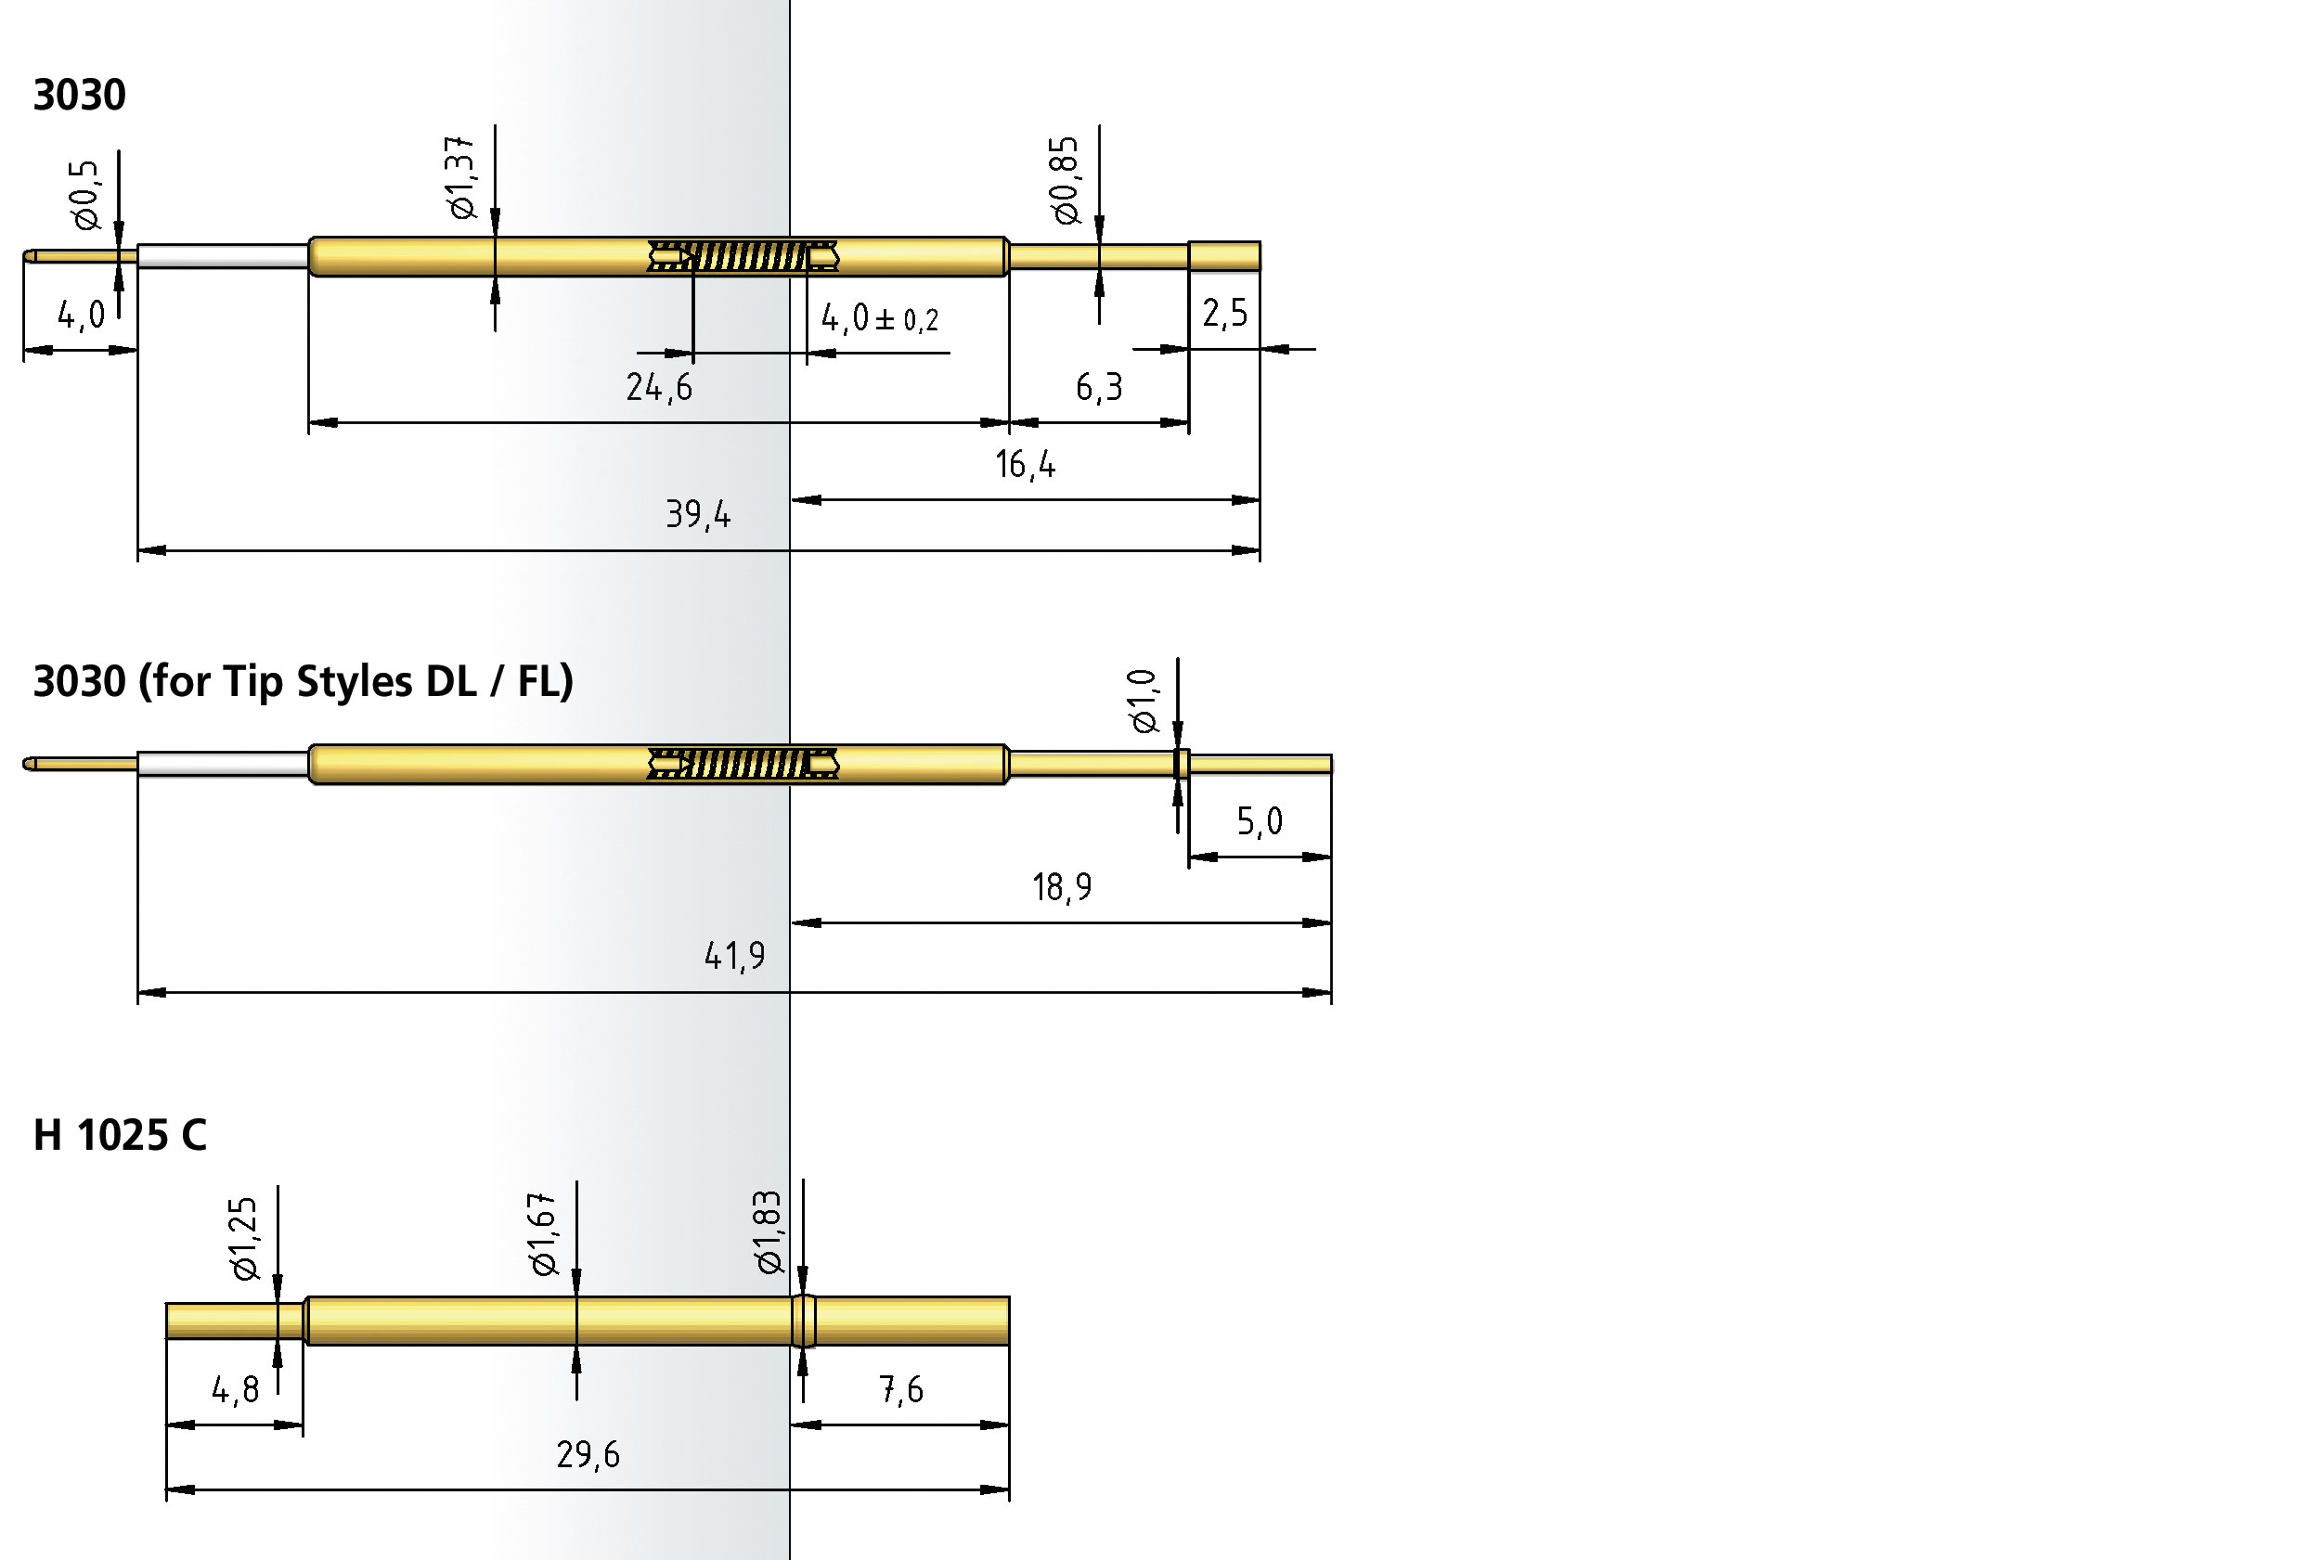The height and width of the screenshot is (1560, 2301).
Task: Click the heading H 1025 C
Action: pyautogui.click(x=120, y=1135)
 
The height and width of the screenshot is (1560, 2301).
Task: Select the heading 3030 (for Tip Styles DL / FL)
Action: pyautogui.click(x=303, y=682)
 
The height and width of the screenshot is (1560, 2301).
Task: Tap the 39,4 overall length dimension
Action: pyautogui.click(x=698, y=515)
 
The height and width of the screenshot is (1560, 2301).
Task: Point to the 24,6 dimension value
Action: pyautogui.click(x=659, y=387)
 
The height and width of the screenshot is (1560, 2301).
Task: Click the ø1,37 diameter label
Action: pyautogui.click(x=460, y=177)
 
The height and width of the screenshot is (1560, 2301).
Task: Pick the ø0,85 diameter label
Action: pyautogui.click(x=1066, y=180)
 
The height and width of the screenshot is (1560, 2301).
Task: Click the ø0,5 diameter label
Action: pyautogui.click(x=86, y=195)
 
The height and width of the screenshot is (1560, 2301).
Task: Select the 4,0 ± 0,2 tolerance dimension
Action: pyautogui.click(x=880, y=317)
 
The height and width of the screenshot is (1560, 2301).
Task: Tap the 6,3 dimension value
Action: pyautogui.click(x=1099, y=387)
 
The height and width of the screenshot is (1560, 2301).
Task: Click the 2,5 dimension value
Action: pyautogui.click(x=1225, y=314)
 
